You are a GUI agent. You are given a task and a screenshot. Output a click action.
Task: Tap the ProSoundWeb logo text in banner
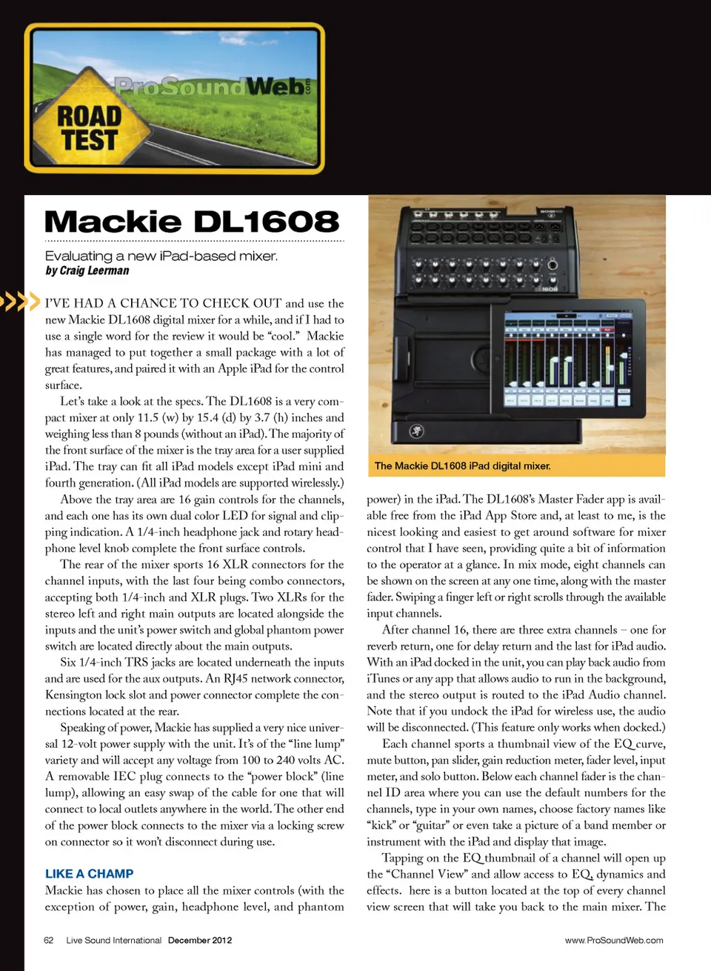(x=211, y=87)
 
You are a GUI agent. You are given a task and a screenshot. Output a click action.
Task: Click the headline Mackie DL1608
(x=192, y=222)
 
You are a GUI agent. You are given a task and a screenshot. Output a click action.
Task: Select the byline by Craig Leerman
(x=87, y=271)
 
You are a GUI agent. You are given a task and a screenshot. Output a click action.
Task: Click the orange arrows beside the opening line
(x=19, y=302)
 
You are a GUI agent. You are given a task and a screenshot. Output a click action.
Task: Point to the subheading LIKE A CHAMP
(x=89, y=874)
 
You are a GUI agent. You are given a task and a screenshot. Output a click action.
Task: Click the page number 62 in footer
(x=49, y=941)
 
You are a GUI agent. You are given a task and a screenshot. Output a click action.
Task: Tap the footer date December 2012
(x=200, y=941)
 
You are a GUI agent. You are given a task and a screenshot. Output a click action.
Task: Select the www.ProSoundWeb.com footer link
(x=614, y=941)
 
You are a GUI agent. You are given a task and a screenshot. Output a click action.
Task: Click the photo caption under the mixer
(x=462, y=466)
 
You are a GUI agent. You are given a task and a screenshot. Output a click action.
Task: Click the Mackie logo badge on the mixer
(x=416, y=431)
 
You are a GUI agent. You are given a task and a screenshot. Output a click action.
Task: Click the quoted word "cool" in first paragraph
(x=282, y=336)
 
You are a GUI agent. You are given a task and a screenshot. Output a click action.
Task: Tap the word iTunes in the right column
(x=383, y=679)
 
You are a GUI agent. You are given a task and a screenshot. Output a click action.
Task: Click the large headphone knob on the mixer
(x=552, y=265)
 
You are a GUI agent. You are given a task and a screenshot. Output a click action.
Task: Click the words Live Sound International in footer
(x=113, y=941)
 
